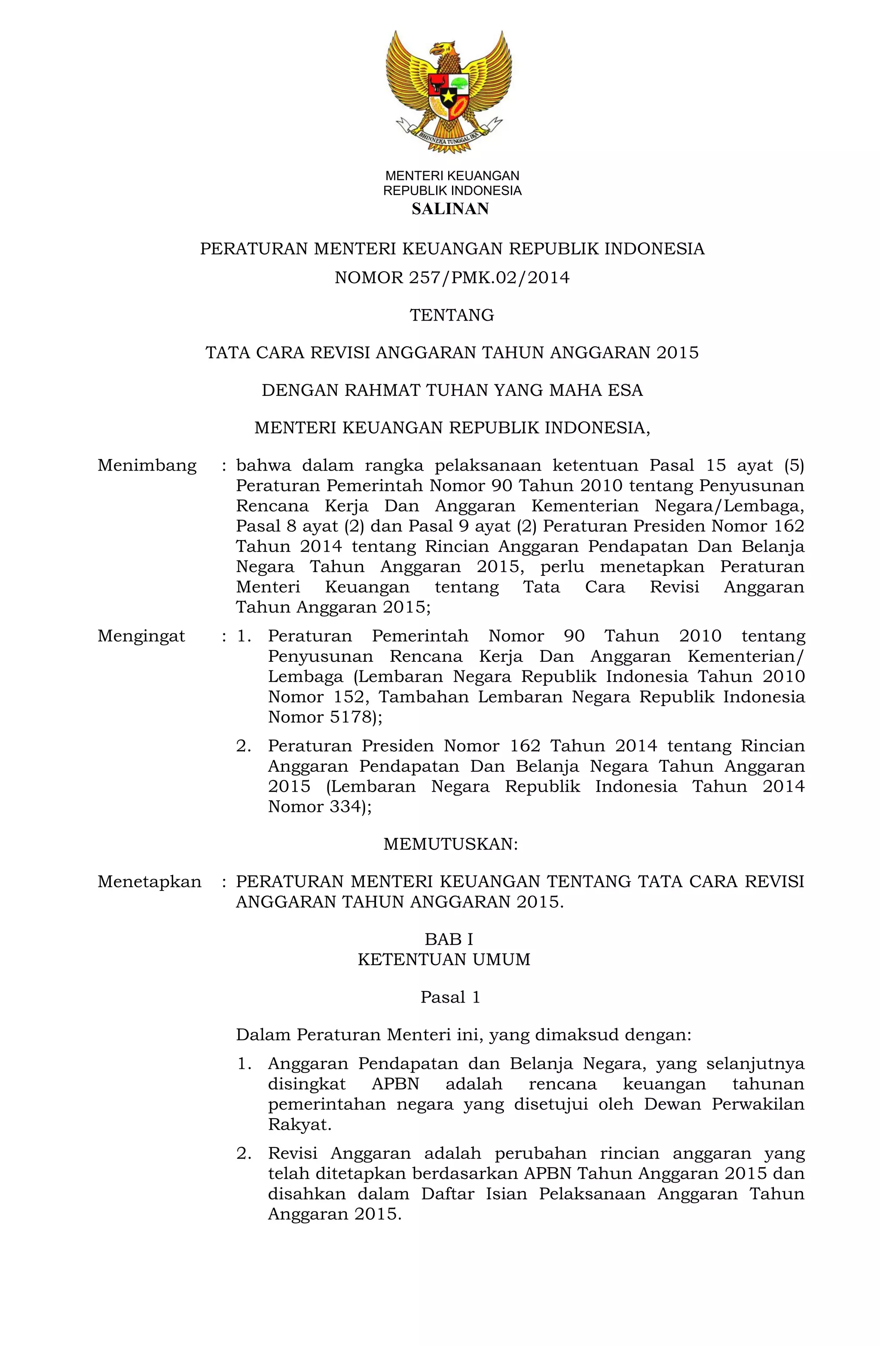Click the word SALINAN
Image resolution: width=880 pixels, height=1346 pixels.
click(x=450, y=209)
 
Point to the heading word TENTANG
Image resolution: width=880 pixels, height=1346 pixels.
click(x=452, y=315)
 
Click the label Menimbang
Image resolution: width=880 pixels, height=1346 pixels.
click(x=147, y=465)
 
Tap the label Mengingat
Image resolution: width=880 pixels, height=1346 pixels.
click(x=141, y=636)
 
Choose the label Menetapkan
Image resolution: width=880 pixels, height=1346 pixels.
click(x=149, y=881)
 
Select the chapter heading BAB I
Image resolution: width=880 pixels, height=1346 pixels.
click(x=449, y=939)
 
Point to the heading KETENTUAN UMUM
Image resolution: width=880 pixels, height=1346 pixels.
click(x=444, y=959)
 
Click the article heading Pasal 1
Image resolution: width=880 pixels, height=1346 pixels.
click(x=450, y=997)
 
